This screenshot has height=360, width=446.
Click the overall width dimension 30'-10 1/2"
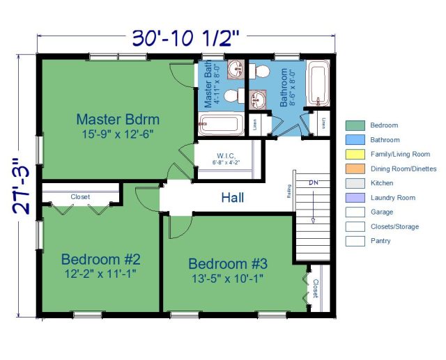[x=187, y=38]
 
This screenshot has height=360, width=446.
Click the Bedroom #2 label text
[x=100, y=259]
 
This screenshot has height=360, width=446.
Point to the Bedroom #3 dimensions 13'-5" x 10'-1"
[x=226, y=279]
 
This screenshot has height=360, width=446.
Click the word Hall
[x=232, y=198]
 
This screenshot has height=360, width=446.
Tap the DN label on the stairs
[x=312, y=182]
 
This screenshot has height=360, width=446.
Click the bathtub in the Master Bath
[x=220, y=125]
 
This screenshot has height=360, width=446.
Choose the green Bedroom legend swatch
[x=355, y=125]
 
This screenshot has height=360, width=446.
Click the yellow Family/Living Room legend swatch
[x=355, y=155]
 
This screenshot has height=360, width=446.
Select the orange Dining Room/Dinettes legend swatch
[x=355, y=169]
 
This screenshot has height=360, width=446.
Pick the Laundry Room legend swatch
[x=355, y=198]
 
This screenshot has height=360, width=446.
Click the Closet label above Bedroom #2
[x=80, y=197]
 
